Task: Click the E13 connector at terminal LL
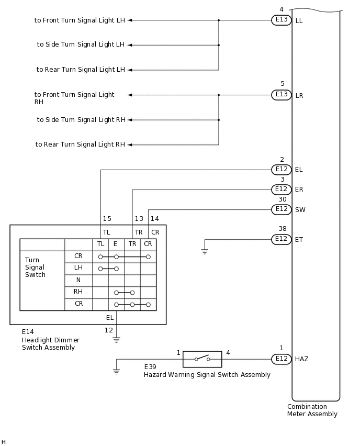pyautogui.click(x=281, y=20)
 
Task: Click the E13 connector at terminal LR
pyautogui.click(x=281, y=95)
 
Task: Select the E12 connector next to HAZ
pyautogui.click(x=281, y=359)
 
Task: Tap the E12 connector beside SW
pyautogui.click(x=281, y=209)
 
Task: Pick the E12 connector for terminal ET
pyautogui.click(x=281, y=239)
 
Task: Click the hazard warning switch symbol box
pyautogui.click(x=202, y=359)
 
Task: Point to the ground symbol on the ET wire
pyautogui.click(x=205, y=251)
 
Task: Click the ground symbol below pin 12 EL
pyautogui.click(x=116, y=339)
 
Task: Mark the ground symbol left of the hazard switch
pyautogui.click(x=116, y=371)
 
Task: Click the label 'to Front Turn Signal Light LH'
pyautogui.click(x=80, y=20)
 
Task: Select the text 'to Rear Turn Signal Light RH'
pyautogui.click(x=80, y=144)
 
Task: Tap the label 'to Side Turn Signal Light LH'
pyautogui.click(x=81, y=45)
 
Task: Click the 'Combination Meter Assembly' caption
pyautogui.click(x=312, y=410)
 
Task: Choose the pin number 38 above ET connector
pyautogui.click(x=283, y=229)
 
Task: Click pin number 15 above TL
pyautogui.click(x=107, y=219)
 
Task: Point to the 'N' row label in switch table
pyautogui.click(x=78, y=280)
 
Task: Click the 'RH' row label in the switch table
pyautogui.click(x=78, y=292)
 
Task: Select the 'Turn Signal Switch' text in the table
pyautogui.click(x=35, y=267)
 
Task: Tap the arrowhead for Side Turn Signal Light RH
pyautogui.click(x=130, y=120)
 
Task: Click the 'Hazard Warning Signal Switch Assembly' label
pyautogui.click(x=207, y=375)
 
